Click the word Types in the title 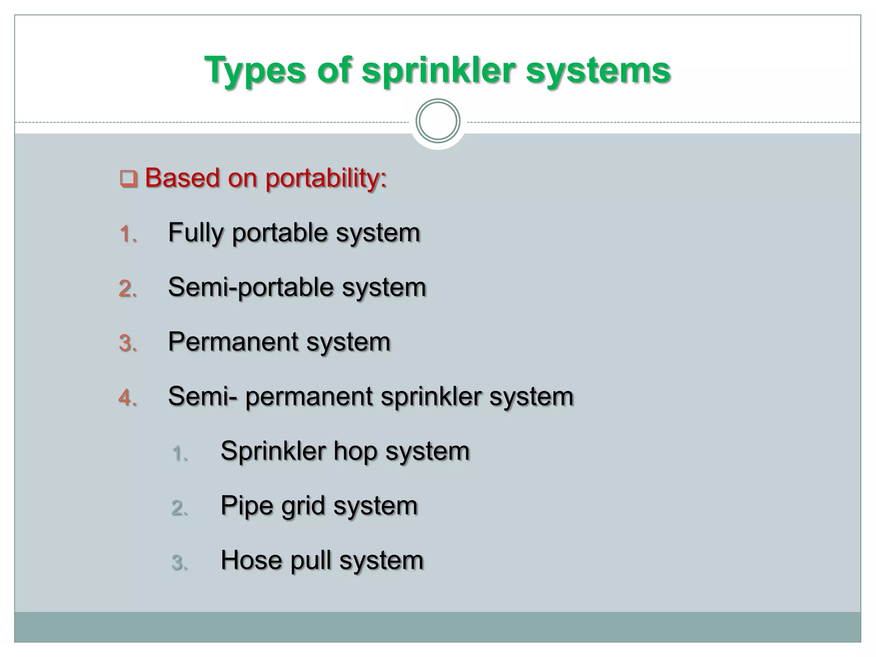255,71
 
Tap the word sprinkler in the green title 438,71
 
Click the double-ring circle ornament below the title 438,121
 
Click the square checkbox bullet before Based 128,178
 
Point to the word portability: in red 326,178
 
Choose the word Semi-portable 251,287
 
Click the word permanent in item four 309,397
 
